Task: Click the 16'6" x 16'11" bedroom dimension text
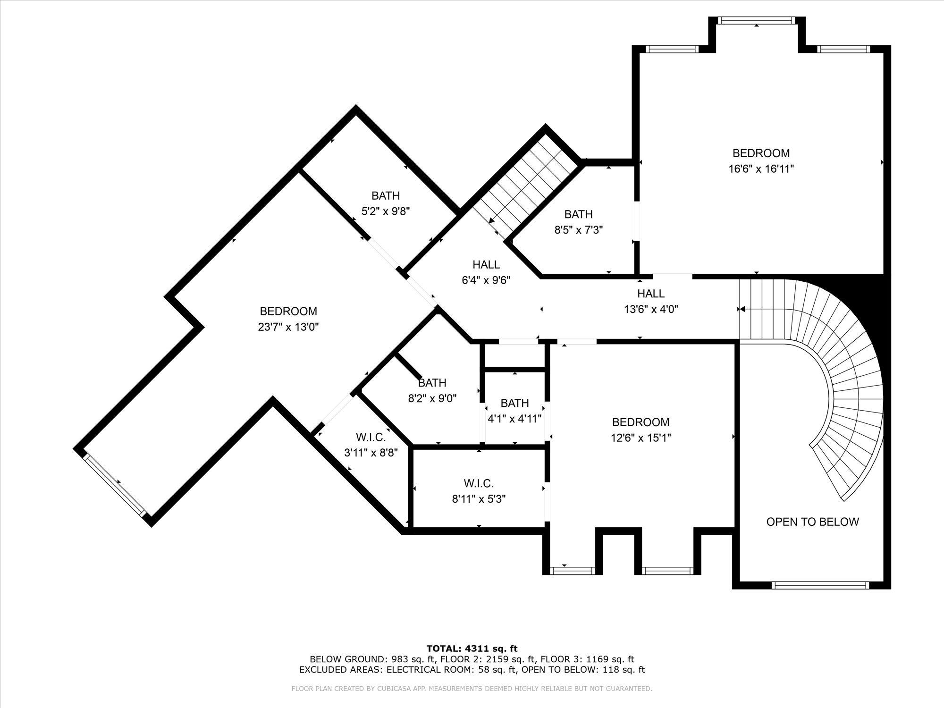(761, 169)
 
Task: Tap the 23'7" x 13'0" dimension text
(288, 327)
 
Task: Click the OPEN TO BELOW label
(812, 522)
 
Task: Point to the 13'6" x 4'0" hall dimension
(651, 309)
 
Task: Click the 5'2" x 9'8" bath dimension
(386, 211)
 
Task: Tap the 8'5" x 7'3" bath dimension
(578, 230)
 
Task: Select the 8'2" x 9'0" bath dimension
(432, 398)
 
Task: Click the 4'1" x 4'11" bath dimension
(514, 419)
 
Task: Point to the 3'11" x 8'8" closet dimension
(371, 453)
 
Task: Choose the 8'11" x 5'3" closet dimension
(479, 499)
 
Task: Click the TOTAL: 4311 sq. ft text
(472, 649)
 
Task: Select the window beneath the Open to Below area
(820, 585)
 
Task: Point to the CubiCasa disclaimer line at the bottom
(472, 689)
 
